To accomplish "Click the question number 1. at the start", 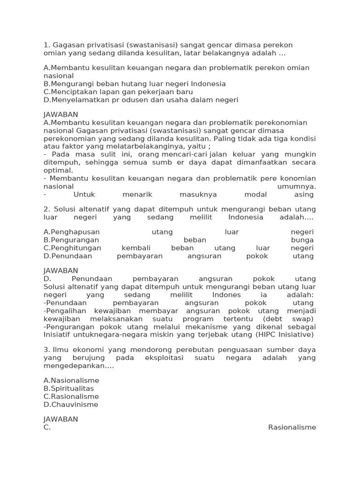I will coord(46,45).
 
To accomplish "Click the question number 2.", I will coord(46,209).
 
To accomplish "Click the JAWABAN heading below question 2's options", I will coord(60,271).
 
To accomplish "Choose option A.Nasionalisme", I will coord(71,381).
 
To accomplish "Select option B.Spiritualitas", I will coord(68,389).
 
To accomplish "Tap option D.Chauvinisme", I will coord(71,405).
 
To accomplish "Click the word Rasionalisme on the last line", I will coord(292,427).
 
